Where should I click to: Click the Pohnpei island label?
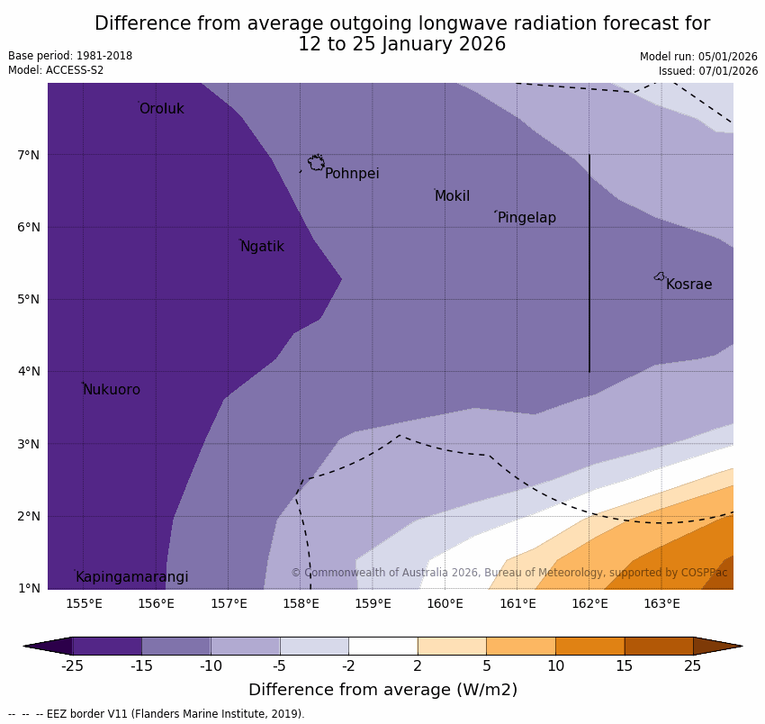(x=352, y=174)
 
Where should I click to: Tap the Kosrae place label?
(x=688, y=285)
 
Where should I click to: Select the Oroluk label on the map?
(x=161, y=109)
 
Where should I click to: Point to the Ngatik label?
(x=262, y=247)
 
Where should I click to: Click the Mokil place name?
(x=452, y=196)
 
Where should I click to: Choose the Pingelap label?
(x=526, y=218)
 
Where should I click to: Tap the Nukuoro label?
(x=112, y=390)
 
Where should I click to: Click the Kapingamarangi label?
(x=132, y=577)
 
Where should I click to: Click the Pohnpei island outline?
(x=316, y=163)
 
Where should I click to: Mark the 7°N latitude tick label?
(x=29, y=155)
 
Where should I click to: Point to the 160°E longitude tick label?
(x=445, y=603)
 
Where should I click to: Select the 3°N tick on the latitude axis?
(x=29, y=444)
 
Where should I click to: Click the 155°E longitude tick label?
(x=84, y=603)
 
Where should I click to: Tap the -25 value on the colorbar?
(x=72, y=666)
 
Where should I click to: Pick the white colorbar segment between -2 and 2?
(x=382, y=646)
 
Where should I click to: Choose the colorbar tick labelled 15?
(x=624, y=666)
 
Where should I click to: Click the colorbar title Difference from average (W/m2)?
(x=382, y=691)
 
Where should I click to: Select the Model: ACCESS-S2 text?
(x=56, y=70)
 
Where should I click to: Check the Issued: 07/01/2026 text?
(x=707, y=71)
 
